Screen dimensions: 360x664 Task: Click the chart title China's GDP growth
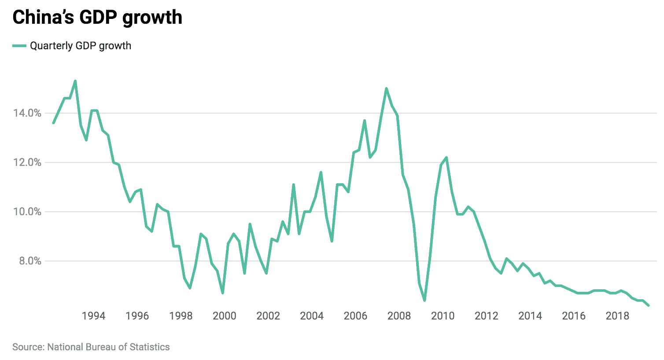pyautogui.click(x=97, y=18)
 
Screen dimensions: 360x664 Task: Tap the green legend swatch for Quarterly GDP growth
pyautogui.click(x=19, y=46)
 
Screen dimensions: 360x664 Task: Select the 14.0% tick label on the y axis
pyautogui.click(x=27, y=113)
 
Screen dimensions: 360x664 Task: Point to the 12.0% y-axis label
pyautogui.click(x=27, y=162)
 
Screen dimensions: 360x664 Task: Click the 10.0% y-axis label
pyautogui.click(x=27, y=212)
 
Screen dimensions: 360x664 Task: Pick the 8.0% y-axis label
pyautogui.click(x=30, y=261)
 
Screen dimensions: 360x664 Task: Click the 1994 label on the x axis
pyautogui.click(x=93, y=316)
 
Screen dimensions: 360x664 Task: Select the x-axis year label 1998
pyautogui.click(x=181, y=316)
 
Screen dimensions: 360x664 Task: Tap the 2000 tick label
pyautogui.click(x=225, y=316)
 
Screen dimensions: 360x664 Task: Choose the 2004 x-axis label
pyautogui.click(x=312, y=316)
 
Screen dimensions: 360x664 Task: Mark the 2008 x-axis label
pyautogui.click(x=399, y=316)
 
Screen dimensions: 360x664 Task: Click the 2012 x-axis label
pyautogui.click(x=487, y=316)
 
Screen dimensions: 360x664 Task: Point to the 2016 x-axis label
pyautogui.click(x=574, y=316)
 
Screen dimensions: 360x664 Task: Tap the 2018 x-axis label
pyautogui.click(x=617, y=316)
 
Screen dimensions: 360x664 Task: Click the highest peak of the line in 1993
pyautogui.click(x=75, y=81)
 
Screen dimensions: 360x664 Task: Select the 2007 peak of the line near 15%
pyautogui.click(x=386, y=88)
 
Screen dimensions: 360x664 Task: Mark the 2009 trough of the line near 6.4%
pyautogui.click(x=424, y=300)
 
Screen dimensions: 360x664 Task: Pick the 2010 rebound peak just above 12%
pyautogui.click(x=446, y=158)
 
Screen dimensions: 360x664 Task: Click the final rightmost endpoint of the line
pyautogui.click(x=648, y=305)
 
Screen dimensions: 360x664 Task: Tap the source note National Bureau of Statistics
pyautogui.click(x=91, y=347)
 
